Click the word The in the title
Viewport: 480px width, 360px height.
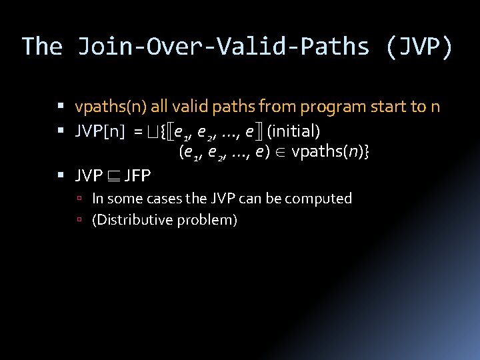click(42, 47)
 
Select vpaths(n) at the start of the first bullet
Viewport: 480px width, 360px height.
click(111, 107)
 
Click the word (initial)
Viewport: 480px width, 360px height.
click(294, 131)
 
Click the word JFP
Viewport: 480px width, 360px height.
click(137, 176)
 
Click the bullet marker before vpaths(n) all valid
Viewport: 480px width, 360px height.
click(61, 107)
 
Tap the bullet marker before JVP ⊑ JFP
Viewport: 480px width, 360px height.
click(61, 176)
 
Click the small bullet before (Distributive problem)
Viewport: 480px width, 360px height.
click(79, 220)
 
